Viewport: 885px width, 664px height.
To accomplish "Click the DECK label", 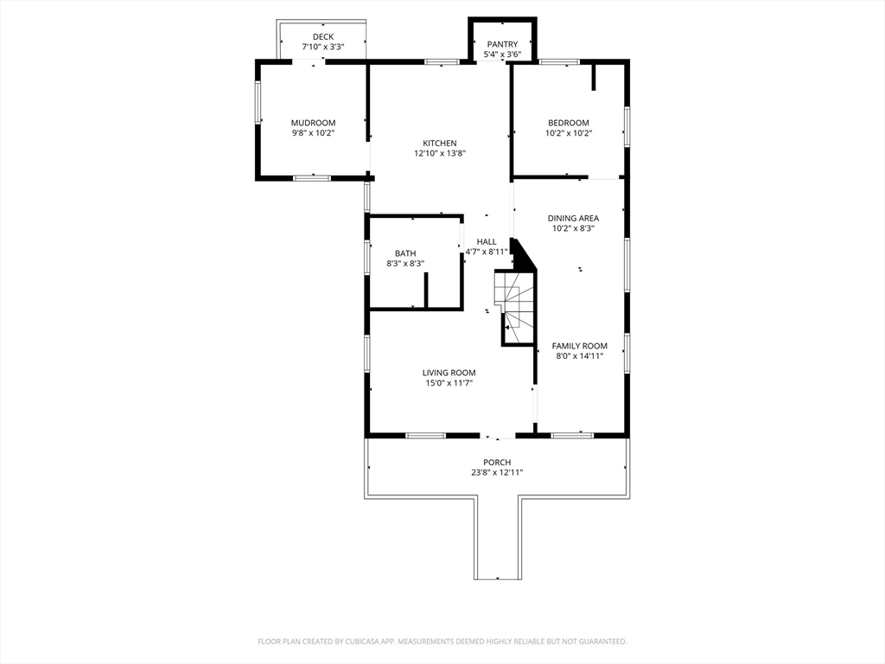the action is [x=323, y=36].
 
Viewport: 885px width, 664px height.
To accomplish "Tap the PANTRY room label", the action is [x=502, y=44].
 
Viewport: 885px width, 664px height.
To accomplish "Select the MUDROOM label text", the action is [x=313, y=123].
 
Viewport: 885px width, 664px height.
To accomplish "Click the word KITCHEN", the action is [x=440, y=143].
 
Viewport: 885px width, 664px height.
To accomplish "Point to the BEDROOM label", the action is [x=569, y=123].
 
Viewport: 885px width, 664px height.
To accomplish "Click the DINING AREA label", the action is [x=573, y=218].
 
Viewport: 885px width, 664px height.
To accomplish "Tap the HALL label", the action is [x=487, y=242].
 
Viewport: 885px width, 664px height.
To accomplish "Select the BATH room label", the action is [x=405, y=253].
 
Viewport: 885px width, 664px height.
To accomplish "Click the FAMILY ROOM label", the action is [x=580, y=346].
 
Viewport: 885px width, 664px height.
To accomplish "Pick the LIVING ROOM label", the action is [x=449, y=373].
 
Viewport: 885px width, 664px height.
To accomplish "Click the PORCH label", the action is [x=497, y=462].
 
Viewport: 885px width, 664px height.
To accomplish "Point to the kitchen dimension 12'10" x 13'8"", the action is [x=440, y=153].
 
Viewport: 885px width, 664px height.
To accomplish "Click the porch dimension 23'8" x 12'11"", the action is [x=497, y=473].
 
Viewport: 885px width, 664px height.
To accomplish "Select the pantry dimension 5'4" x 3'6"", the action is [x=502, y=54].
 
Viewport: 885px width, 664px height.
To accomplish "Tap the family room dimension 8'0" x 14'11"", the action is [x=580, y=355].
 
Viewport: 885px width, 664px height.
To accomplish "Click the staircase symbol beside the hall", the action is [x=515, y=307].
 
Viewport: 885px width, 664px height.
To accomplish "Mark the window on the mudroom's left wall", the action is [x=258, y=102].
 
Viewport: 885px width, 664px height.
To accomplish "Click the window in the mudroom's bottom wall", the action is [x=311, y=178].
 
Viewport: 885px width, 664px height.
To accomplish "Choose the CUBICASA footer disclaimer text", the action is [x=442, y=642].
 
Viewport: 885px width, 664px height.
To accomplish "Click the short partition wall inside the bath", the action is [x=426, y=290].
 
